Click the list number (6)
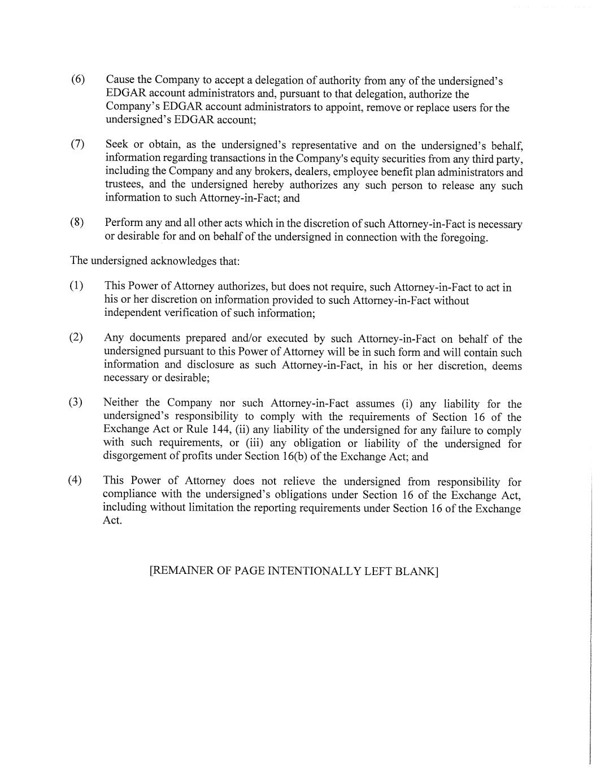[77, 79]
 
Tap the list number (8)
[77, 223]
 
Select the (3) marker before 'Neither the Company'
[76, 402]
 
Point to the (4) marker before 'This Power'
[75, 480]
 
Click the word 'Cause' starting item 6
[120, 80]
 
